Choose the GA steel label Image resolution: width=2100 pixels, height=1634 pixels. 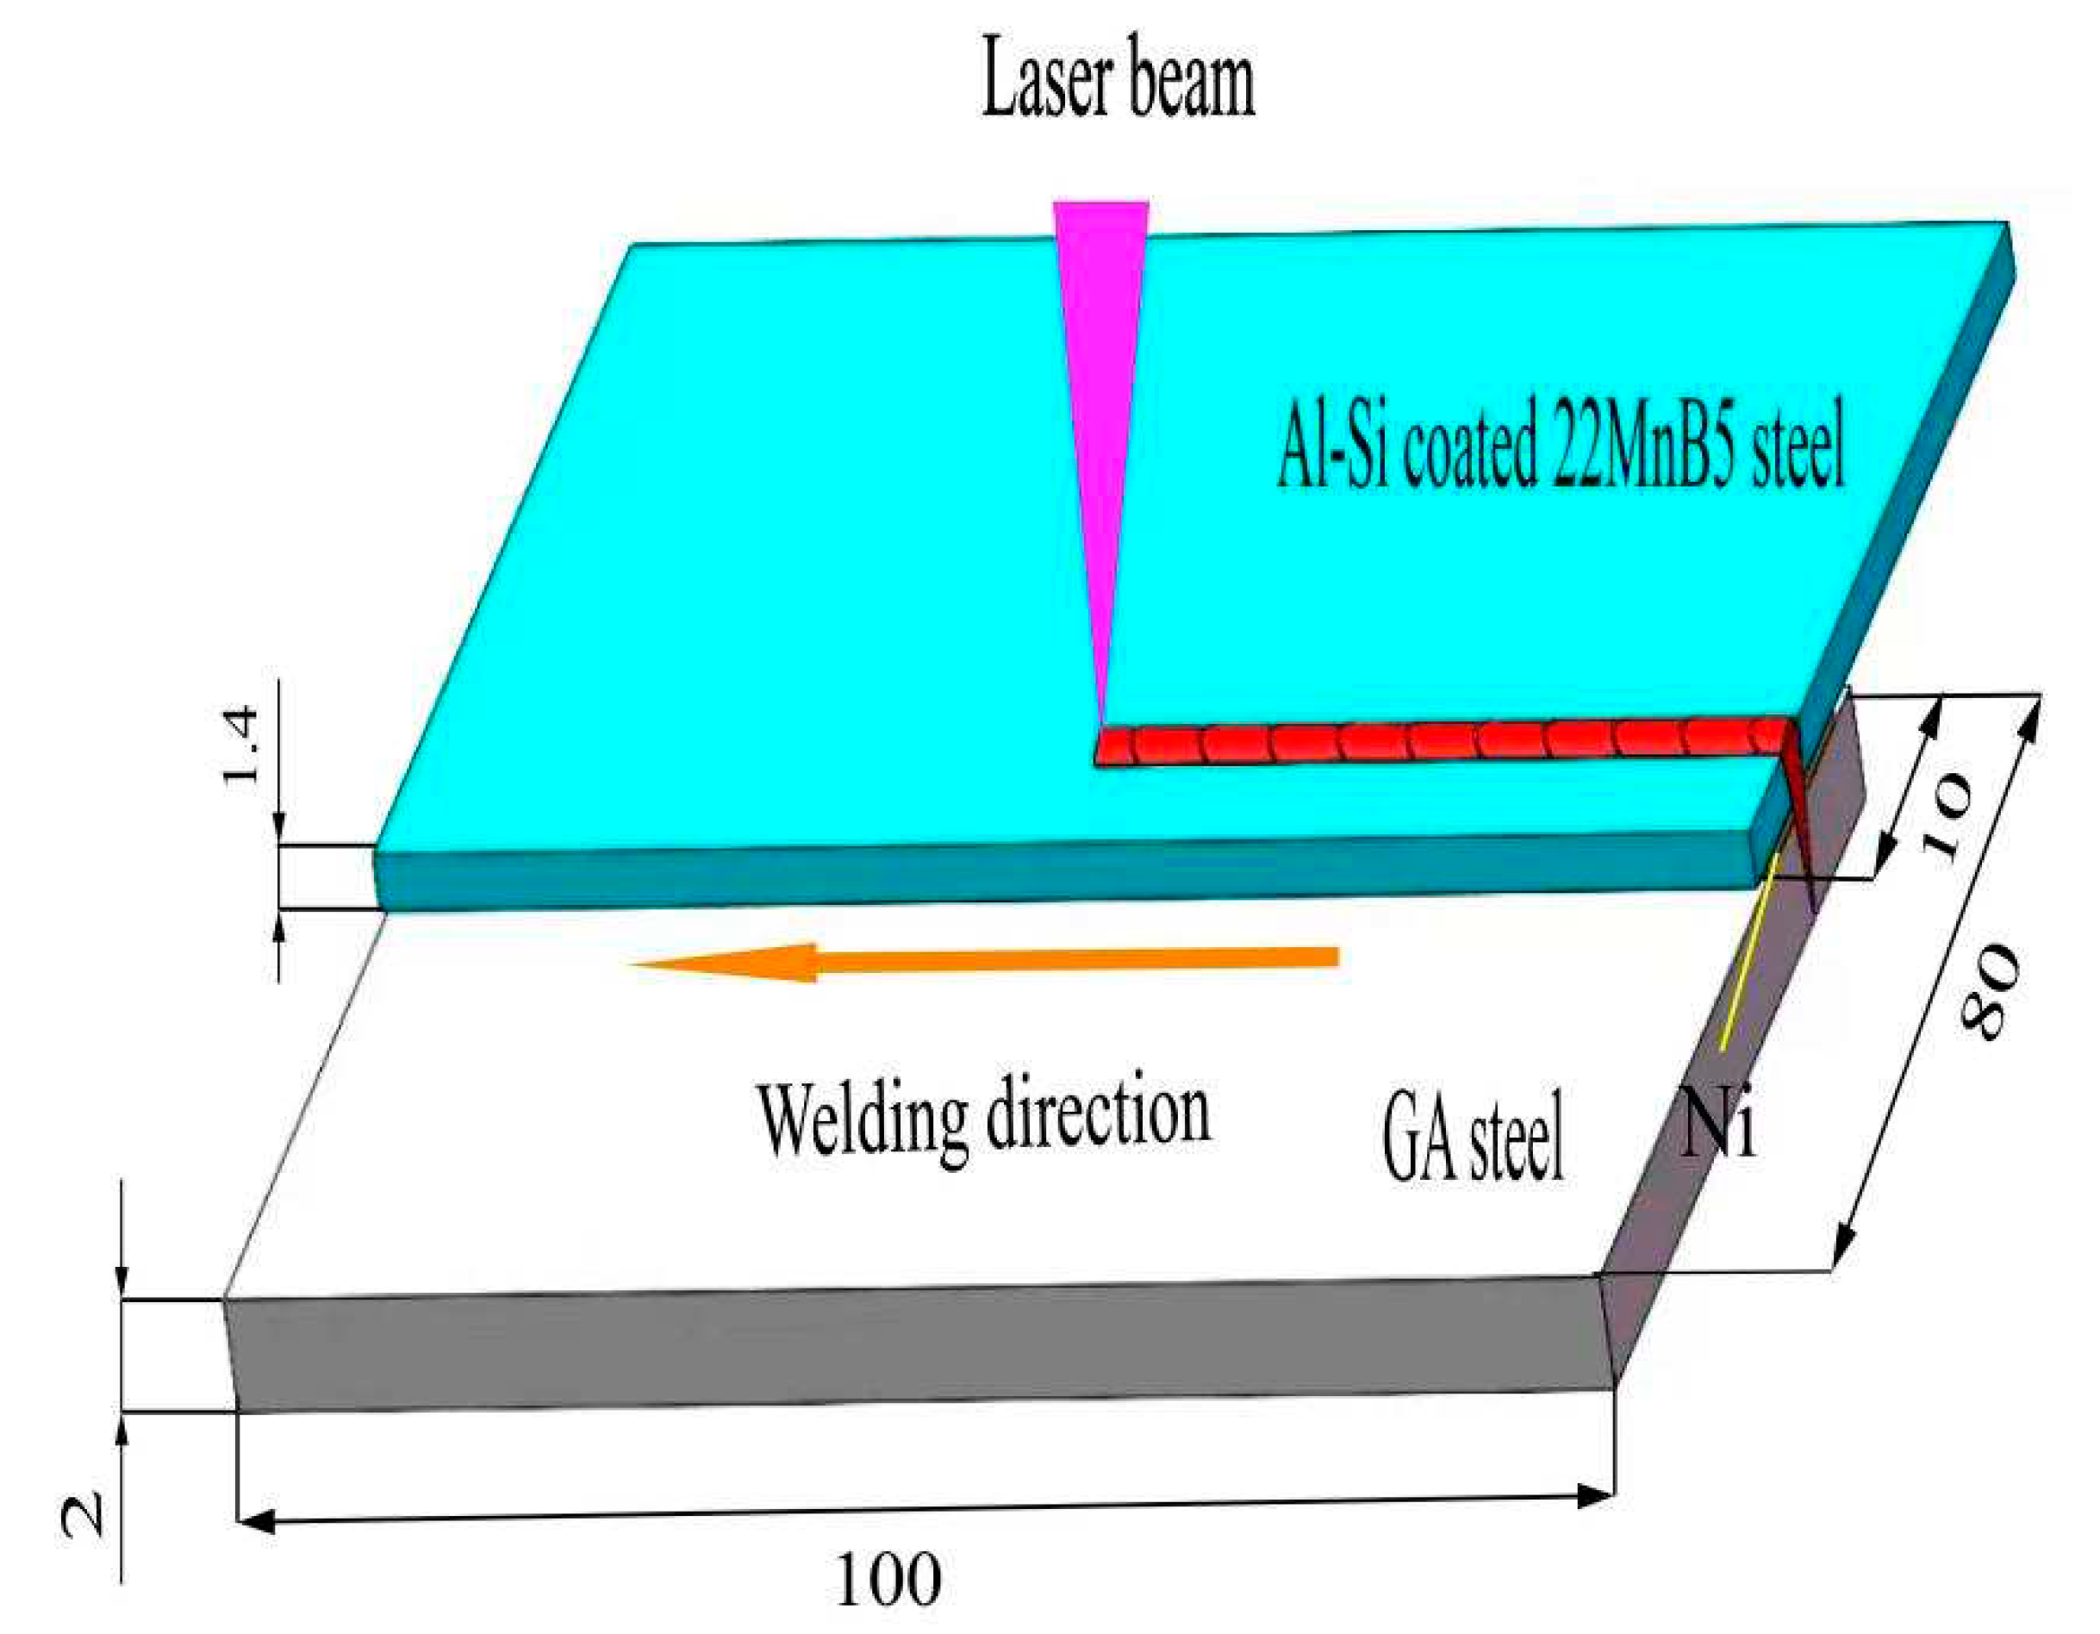click(1472, 1135)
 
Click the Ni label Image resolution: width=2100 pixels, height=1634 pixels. click(1719, 1126)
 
